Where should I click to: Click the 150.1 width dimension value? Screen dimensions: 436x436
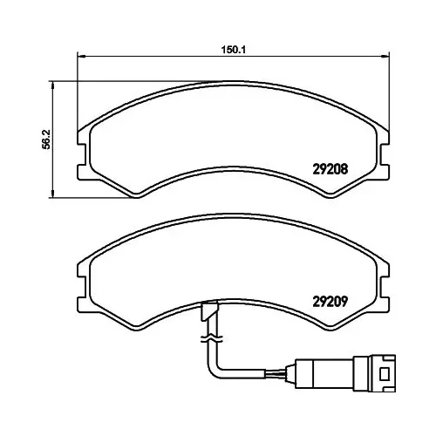(234, 50)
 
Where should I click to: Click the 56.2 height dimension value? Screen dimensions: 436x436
(46, 140)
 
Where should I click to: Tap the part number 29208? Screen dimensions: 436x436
(330, 169)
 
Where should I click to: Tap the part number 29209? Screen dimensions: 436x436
(330, 302)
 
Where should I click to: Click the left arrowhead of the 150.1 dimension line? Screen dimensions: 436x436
(82, 56)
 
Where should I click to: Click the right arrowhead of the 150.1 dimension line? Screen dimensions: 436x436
(385, 56)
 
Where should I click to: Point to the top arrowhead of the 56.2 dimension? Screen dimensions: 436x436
(52, 85)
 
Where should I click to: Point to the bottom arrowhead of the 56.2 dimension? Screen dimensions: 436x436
(52, 194)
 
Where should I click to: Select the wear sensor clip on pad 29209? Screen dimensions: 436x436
(208, 311)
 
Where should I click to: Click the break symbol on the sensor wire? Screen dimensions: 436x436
(212, 338)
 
